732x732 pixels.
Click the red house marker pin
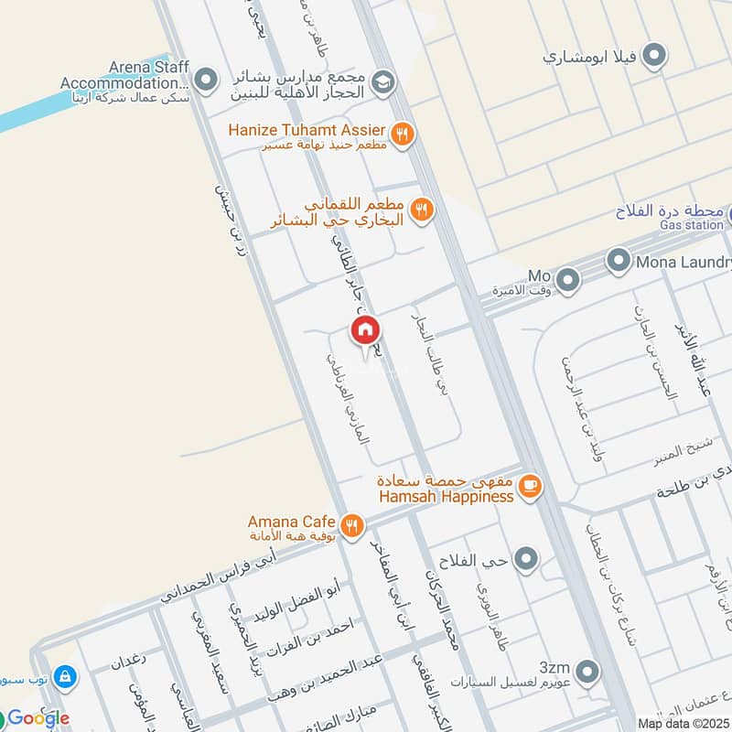click(x=365, y=330)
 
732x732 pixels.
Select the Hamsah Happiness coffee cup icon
click(x=529, y=487)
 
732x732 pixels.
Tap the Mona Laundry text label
click(x=684, y=263)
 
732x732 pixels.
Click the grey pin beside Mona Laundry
click(x=621, y=263)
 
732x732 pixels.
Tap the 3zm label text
click(x=554, y=667)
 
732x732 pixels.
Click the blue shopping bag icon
click(x=64, y=677)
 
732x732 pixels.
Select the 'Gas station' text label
click(x=692, y=225)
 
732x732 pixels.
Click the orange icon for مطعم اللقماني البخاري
click(x=421, y=210)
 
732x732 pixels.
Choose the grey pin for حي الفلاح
click(x=525, y=557)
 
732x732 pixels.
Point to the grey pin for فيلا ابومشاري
click(x=653, y=57)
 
